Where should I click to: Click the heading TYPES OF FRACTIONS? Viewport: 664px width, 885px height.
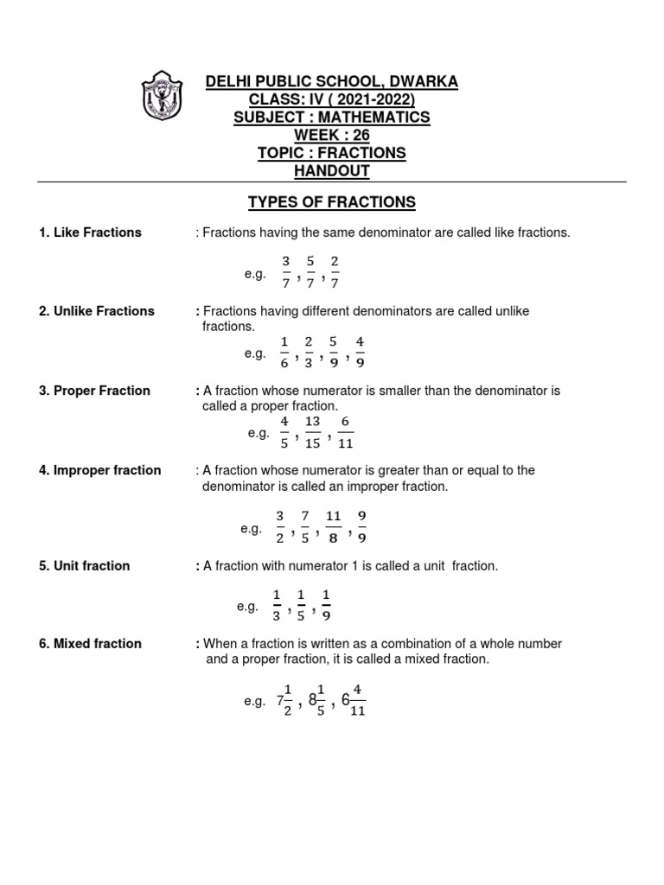pos(332,202)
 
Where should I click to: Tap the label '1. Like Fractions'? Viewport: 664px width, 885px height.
pos(90,232)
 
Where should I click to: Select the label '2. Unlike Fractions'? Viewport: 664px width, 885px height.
pos(97,311)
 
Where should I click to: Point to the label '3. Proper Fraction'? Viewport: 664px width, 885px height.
pos(94,391)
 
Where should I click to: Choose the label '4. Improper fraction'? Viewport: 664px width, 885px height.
pos(99,470)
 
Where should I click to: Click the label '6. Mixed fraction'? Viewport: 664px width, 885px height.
pos(90,644)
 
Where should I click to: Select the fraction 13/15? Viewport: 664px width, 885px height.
pos(313,433)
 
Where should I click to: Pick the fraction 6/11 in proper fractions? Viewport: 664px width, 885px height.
pos(346,433)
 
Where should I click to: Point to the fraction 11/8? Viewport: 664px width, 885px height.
pos(334,528)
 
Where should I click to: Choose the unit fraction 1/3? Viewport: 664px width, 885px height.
pos(277,606)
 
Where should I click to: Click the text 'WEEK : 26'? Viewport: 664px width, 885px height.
pos(332,135)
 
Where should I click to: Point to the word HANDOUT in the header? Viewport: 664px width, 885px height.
pos(332,171)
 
